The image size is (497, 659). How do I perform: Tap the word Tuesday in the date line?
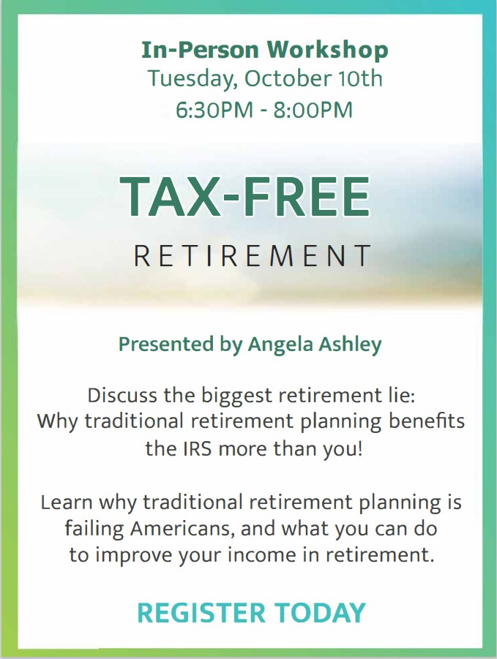(192, 78)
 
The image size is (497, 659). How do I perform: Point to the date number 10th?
(358, 78)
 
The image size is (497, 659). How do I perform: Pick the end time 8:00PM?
(315, 110)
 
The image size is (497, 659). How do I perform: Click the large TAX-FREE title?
(245, 197)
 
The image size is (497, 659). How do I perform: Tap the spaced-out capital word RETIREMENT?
(253, 256)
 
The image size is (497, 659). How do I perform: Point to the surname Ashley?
(353, 344)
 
